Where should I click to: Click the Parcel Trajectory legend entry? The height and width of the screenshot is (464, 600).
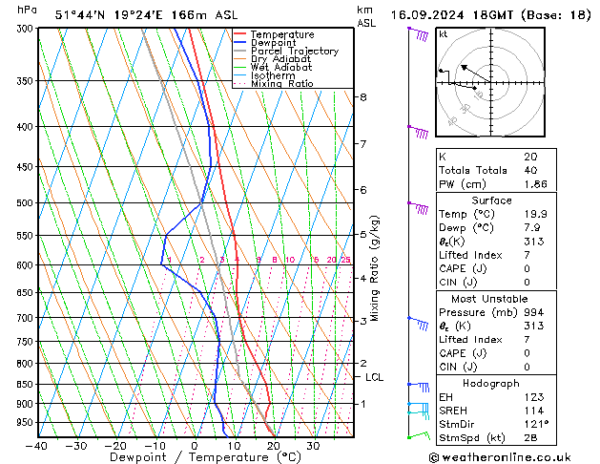point(294,51)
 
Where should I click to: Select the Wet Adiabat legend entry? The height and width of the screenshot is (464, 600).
point(282,67)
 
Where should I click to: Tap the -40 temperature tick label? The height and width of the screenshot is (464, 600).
point(38,446)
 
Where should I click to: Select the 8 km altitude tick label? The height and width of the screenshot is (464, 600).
point(362,97)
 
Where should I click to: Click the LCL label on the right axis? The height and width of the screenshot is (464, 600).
point(375,377)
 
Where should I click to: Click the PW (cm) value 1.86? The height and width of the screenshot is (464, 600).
point(536,183)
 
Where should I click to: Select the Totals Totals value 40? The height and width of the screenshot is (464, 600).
point(530,170)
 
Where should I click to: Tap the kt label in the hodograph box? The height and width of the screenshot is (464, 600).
point(443,33)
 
